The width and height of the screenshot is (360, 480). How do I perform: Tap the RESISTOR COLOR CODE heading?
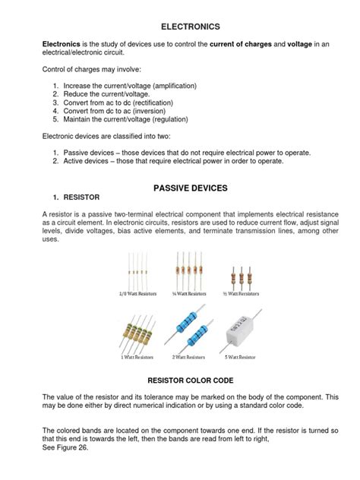[179, 378]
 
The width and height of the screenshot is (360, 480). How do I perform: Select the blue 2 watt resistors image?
[187, 327]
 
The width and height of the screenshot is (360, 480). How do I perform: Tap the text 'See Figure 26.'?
[65, 448]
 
